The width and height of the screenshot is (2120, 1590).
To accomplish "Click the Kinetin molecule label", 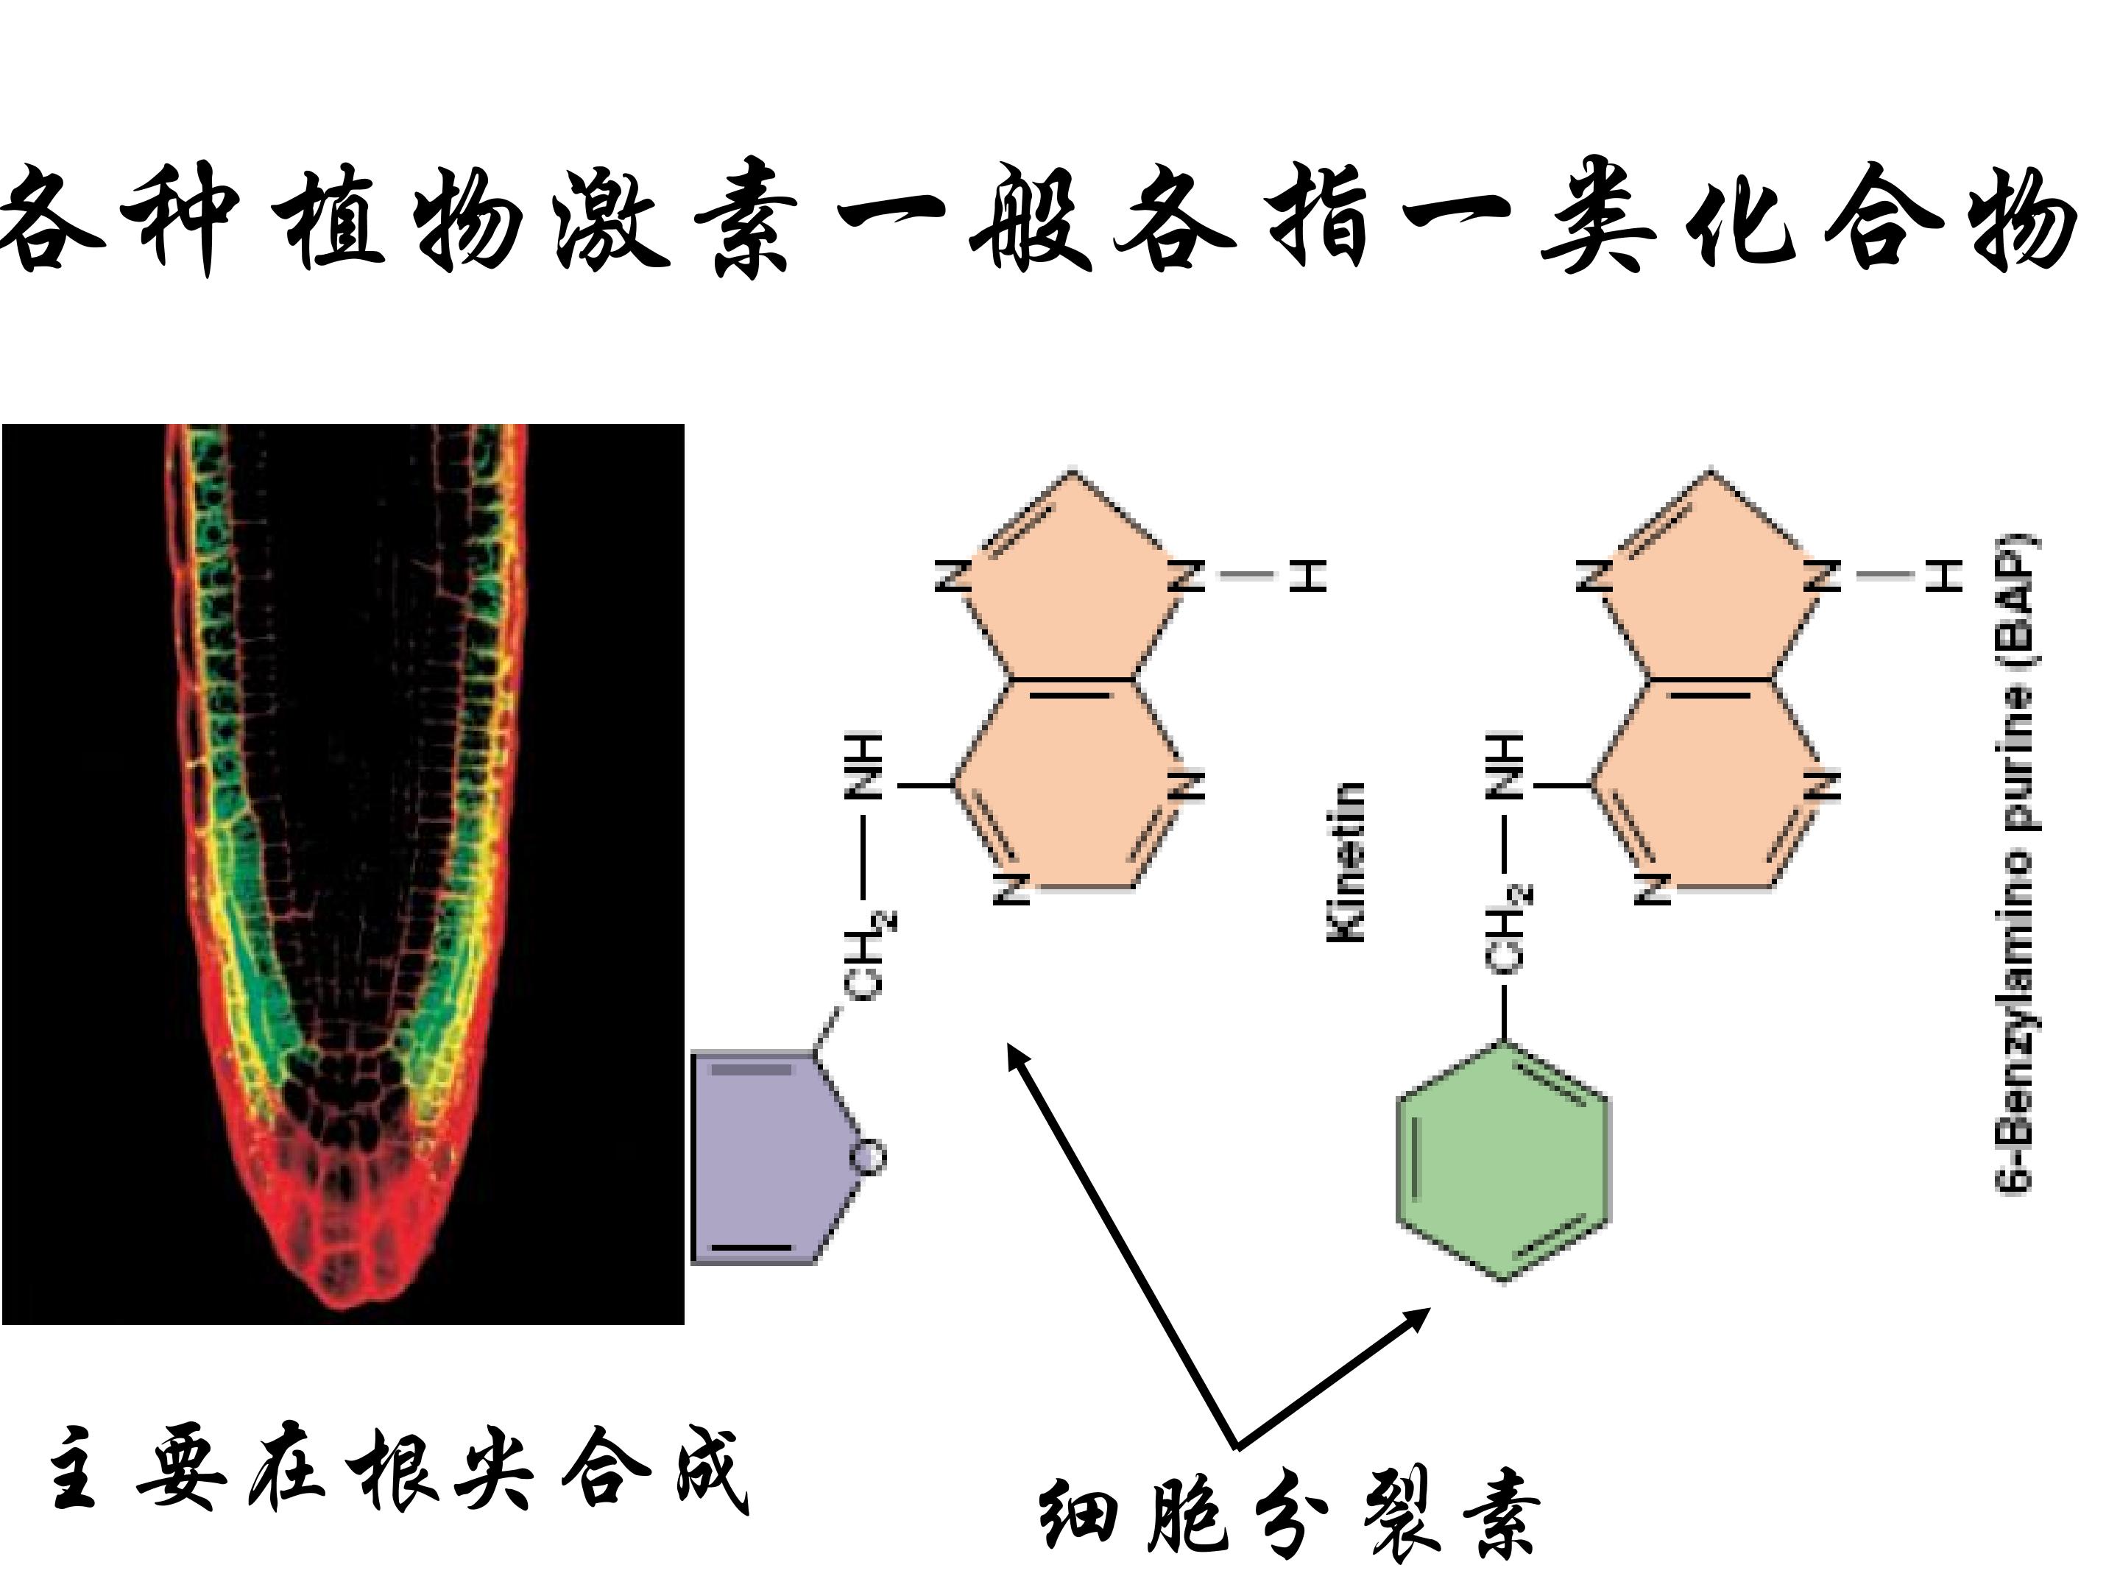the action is pyautogui.click(x=1346, y=863).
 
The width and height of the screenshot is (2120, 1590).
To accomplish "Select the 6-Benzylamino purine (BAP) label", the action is pyautogui.click(x=2016, y=863).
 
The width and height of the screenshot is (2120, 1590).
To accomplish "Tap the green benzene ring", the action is pyautogui.click(x=1503, y=1162).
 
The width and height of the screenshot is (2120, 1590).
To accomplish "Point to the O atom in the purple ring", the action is pyautogui.click(x=869, y=1157).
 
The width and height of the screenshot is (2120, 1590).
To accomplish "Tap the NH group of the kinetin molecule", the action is pyautogui.click(x=863, y=767).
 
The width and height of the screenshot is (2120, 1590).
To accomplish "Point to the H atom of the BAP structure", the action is pyautogui.click(x=1945, y=575).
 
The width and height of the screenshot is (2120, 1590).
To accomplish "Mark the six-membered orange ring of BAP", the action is pyautogui.click(x=1711, y=782).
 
